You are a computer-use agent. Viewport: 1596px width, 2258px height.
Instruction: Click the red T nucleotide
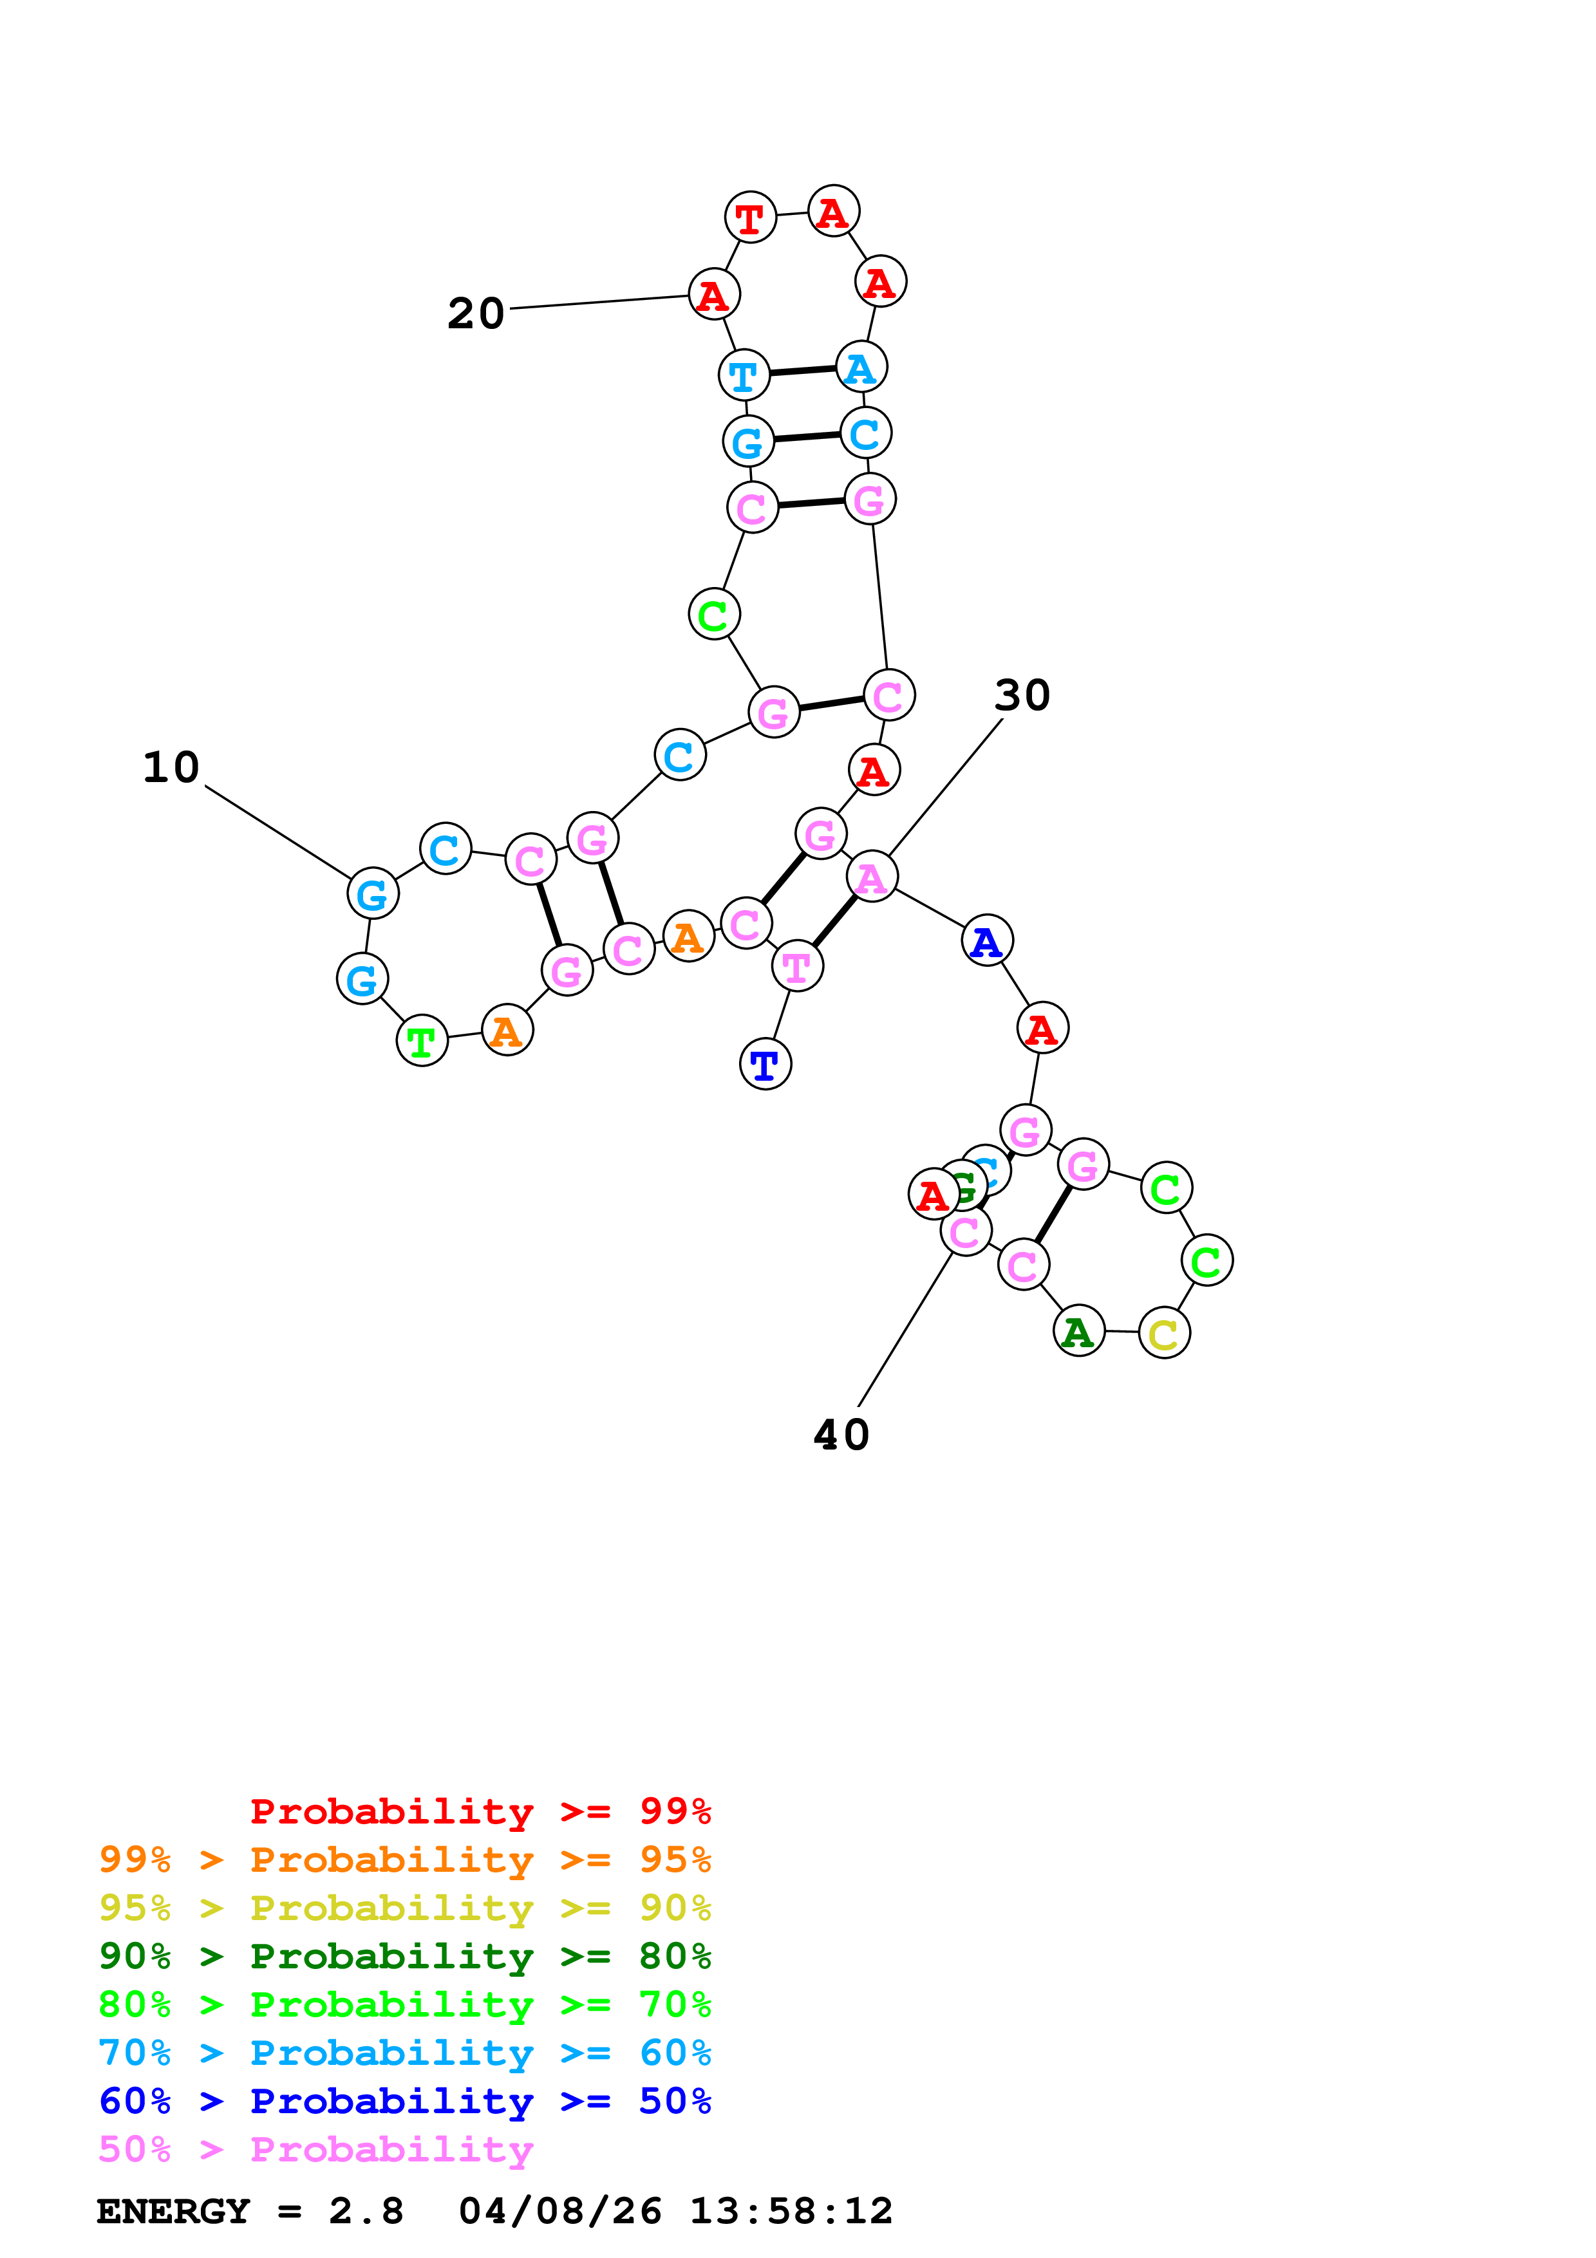[750, 218]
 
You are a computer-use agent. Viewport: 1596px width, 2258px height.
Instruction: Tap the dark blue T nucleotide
[765, 1064]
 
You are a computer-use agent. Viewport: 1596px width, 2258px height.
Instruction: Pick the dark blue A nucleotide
[988, 941]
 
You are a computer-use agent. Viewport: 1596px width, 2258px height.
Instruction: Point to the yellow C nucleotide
[1164, 1334]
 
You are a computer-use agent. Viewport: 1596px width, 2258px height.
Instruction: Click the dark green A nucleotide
[1079, 1332]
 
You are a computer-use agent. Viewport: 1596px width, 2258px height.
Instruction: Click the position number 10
[171, 767]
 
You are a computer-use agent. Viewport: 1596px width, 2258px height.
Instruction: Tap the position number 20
[476, 313]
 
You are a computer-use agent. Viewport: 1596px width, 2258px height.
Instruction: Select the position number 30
[1022, 695]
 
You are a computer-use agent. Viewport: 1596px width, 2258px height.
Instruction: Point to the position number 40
[841, 1435]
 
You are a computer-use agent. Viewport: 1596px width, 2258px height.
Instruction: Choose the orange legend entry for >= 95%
[404, 1859]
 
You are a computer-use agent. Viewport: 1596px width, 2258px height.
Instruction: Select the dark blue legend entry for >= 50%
[404, 2101]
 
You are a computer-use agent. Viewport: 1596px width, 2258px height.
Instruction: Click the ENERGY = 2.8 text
[250, 2211]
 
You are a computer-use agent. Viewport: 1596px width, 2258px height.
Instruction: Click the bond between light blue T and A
[802, 371]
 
